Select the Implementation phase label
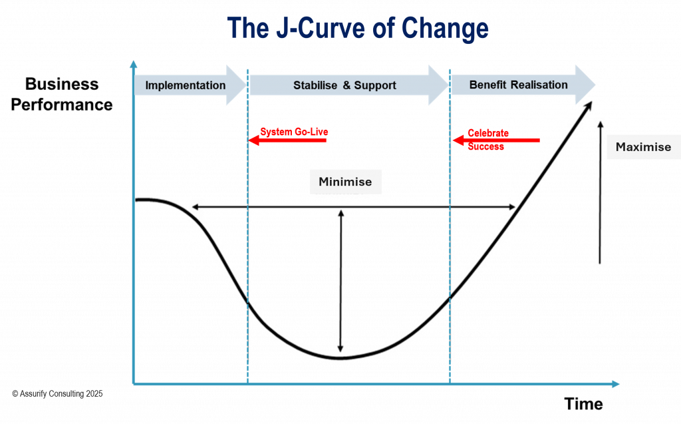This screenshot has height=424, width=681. pyautogui.click(x=186, y=85)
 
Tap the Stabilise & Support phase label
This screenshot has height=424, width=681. pyautogui.click(x=344, y=85)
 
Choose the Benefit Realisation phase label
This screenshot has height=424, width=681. pyautogui.click(x=518, y=85)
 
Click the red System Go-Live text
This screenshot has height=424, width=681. pyautogui.click(x=294, y=132)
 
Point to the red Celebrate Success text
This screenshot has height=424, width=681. pyautogui.click(x=487, y=139)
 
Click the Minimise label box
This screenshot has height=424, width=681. pyautogui.click(x=345, y=182)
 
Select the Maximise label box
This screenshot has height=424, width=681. pyautogui.click(x=643, y=147)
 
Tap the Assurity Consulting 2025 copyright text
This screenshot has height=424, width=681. pyautogui.click(x=57, y=393)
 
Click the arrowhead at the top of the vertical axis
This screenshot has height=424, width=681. pyautogui.click(x=134, y=65)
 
